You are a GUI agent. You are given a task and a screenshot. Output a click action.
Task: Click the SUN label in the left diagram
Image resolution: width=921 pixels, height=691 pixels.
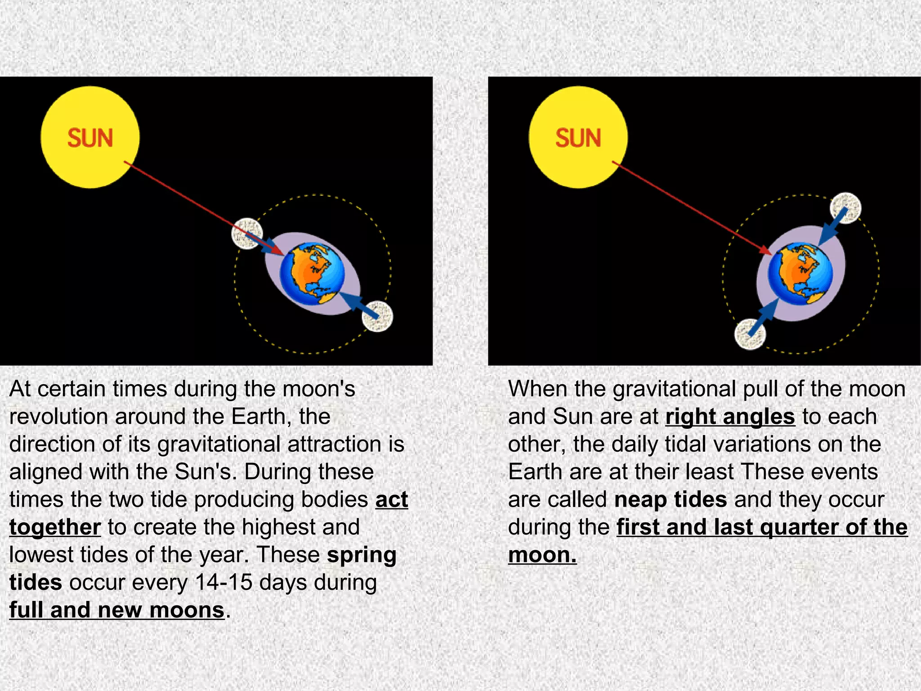click(x=90, y=138)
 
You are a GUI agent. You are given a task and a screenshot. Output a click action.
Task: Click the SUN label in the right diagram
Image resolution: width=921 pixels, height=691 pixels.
click(x=578, y=138)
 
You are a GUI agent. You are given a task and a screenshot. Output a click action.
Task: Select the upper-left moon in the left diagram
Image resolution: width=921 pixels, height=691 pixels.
click(x=246, y=233)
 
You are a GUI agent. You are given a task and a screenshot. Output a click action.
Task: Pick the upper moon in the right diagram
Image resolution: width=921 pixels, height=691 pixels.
click(x=845, y=208)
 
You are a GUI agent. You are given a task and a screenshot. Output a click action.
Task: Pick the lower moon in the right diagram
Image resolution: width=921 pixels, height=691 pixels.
click(x=750, y=333)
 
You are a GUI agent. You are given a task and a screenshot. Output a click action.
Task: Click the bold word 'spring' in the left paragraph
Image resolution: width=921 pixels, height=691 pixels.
click(x=362, y=555)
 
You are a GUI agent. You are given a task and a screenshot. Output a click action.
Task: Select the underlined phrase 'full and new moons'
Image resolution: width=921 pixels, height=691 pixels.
click(x=117, y=610)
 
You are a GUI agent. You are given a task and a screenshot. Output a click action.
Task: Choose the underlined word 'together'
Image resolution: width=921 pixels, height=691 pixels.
click(x=55, y=527)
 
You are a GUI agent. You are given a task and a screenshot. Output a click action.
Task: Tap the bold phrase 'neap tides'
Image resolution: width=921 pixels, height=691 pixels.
click(x=670, y=500)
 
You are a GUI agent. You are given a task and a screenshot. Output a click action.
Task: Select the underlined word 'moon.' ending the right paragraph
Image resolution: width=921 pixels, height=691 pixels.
click(x=542, y=555)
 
